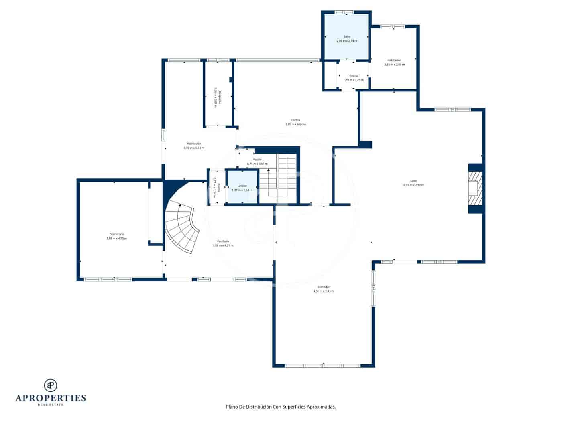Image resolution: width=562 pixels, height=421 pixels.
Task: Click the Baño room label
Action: [x=347, y=36]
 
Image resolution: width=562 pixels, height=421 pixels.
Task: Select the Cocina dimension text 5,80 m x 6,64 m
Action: [x=295, y=124]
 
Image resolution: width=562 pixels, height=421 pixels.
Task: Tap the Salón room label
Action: [x=413, y=181]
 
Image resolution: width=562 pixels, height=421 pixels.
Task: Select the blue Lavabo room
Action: [x=242, y=188]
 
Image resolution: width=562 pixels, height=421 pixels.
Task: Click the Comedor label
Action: [x=324, y=287]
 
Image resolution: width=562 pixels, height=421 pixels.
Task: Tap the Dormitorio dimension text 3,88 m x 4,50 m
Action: [x=117, y=239]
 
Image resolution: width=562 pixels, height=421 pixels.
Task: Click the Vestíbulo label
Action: [x=223, y=241]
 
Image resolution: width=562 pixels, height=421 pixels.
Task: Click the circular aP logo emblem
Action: [x=51, y=385]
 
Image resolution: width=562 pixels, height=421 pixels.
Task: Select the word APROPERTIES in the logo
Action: [x=51, y=398]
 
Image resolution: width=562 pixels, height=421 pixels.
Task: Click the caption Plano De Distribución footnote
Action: [x=281, y=407]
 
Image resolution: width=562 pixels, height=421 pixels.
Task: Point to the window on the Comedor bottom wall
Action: [x=323, y=366]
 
